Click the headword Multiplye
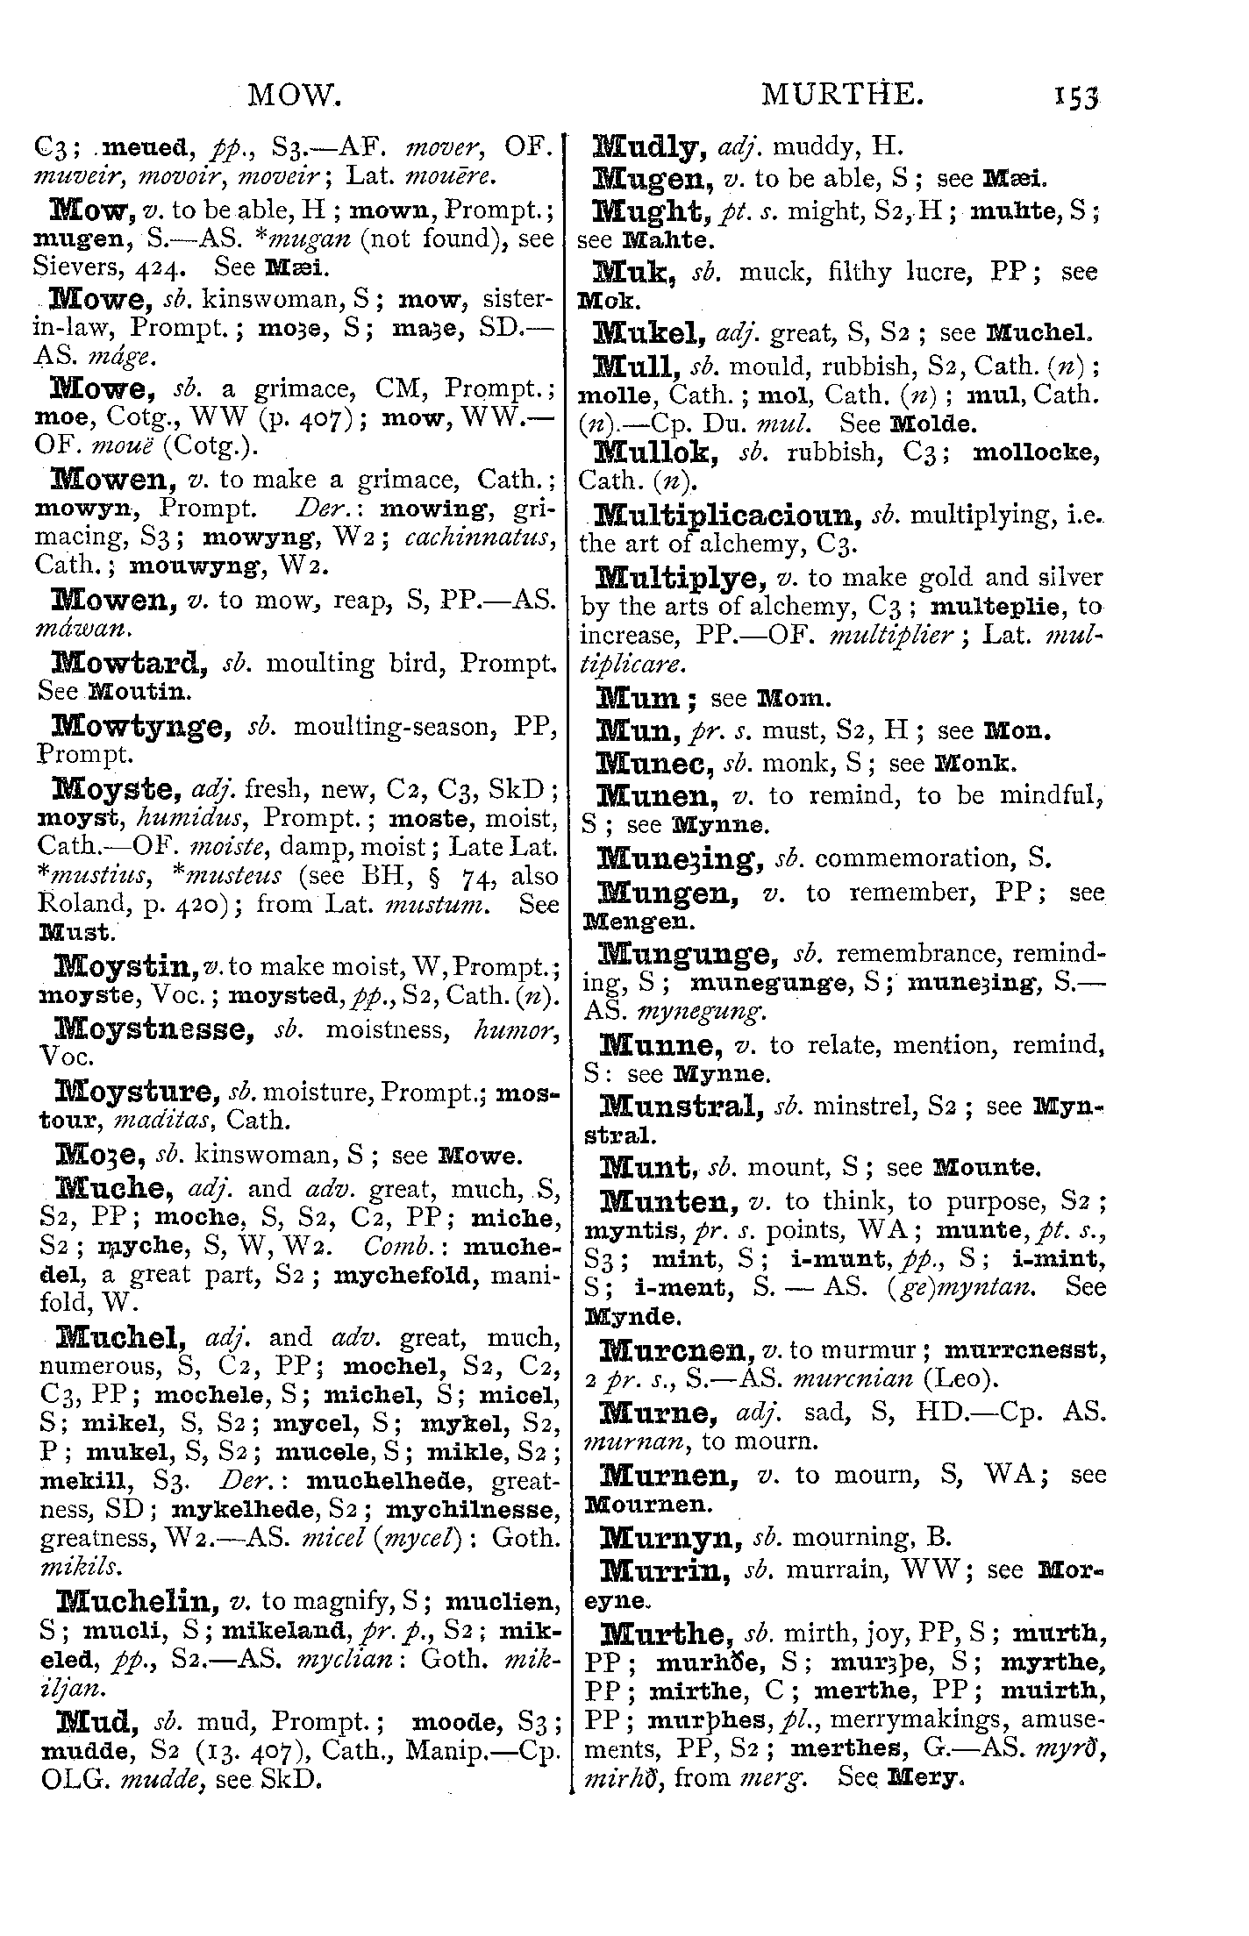point(675,579)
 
